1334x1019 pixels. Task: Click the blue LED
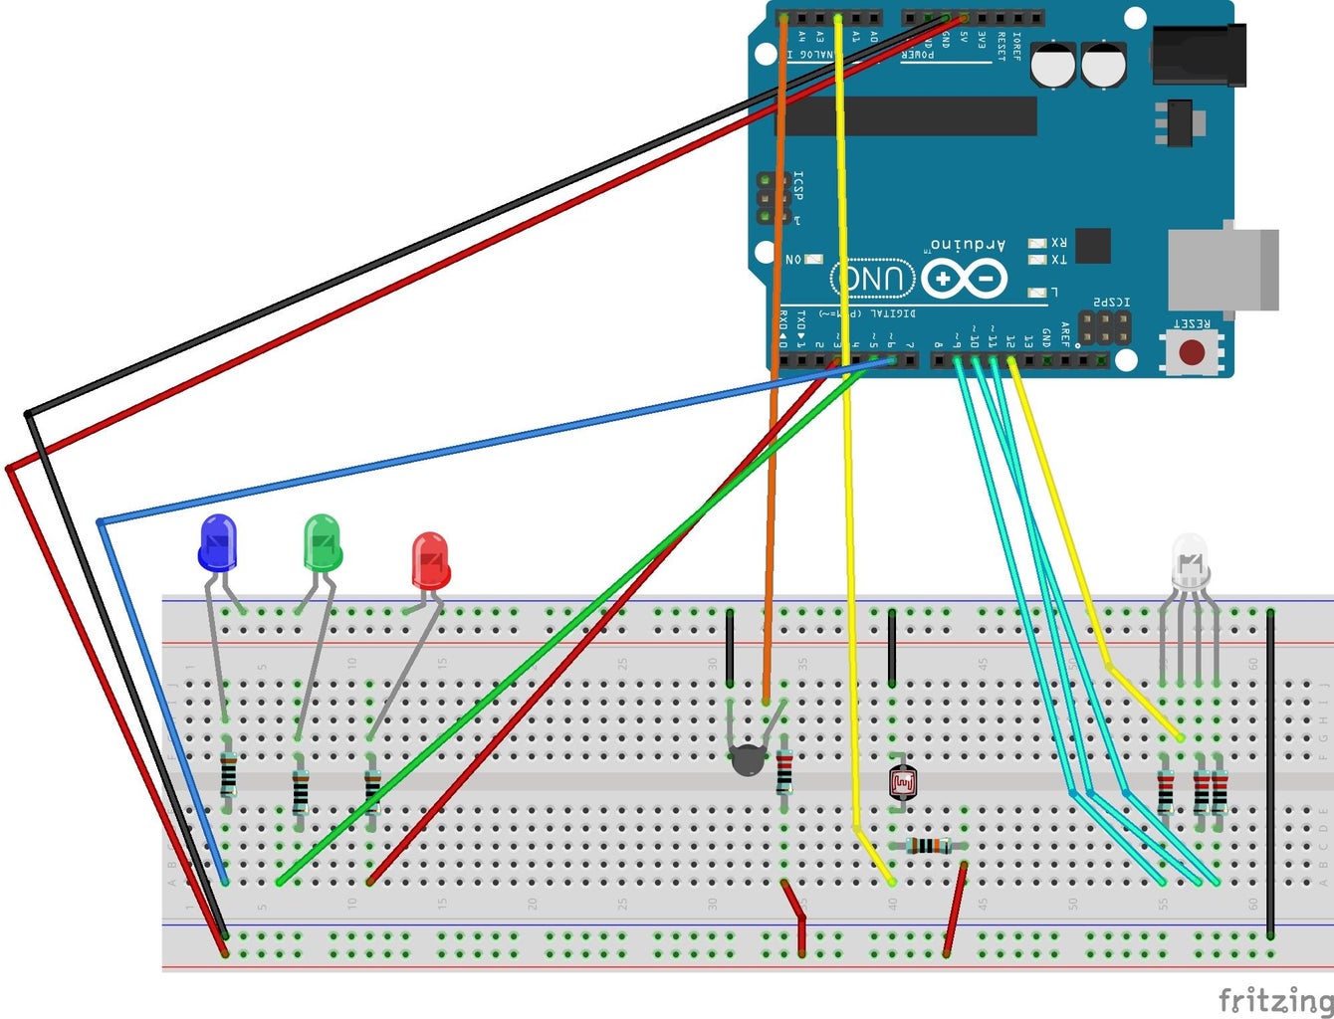tap(218, 543)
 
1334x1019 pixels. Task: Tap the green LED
tap(322, 542)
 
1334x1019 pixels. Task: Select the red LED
tap(430, 560)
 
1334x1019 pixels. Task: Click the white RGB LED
tap(1190, 561)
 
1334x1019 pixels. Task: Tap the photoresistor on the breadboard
tap(903, 783)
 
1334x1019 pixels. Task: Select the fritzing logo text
tap(1275, 999)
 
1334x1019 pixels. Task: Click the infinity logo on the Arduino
tap(964, 278)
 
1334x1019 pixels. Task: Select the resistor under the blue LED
tap(229, 774)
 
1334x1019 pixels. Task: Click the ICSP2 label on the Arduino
tap(1111, 302)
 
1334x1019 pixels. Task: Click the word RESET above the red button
tap(1191, 324)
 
